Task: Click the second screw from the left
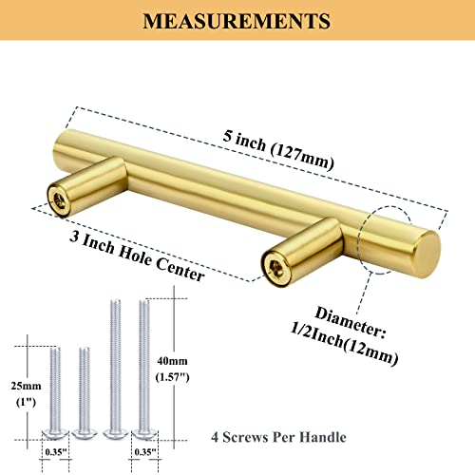[85, 393]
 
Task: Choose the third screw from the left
[116, 370]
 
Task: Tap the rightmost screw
[144, 370]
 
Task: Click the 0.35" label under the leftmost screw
[57, 453]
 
